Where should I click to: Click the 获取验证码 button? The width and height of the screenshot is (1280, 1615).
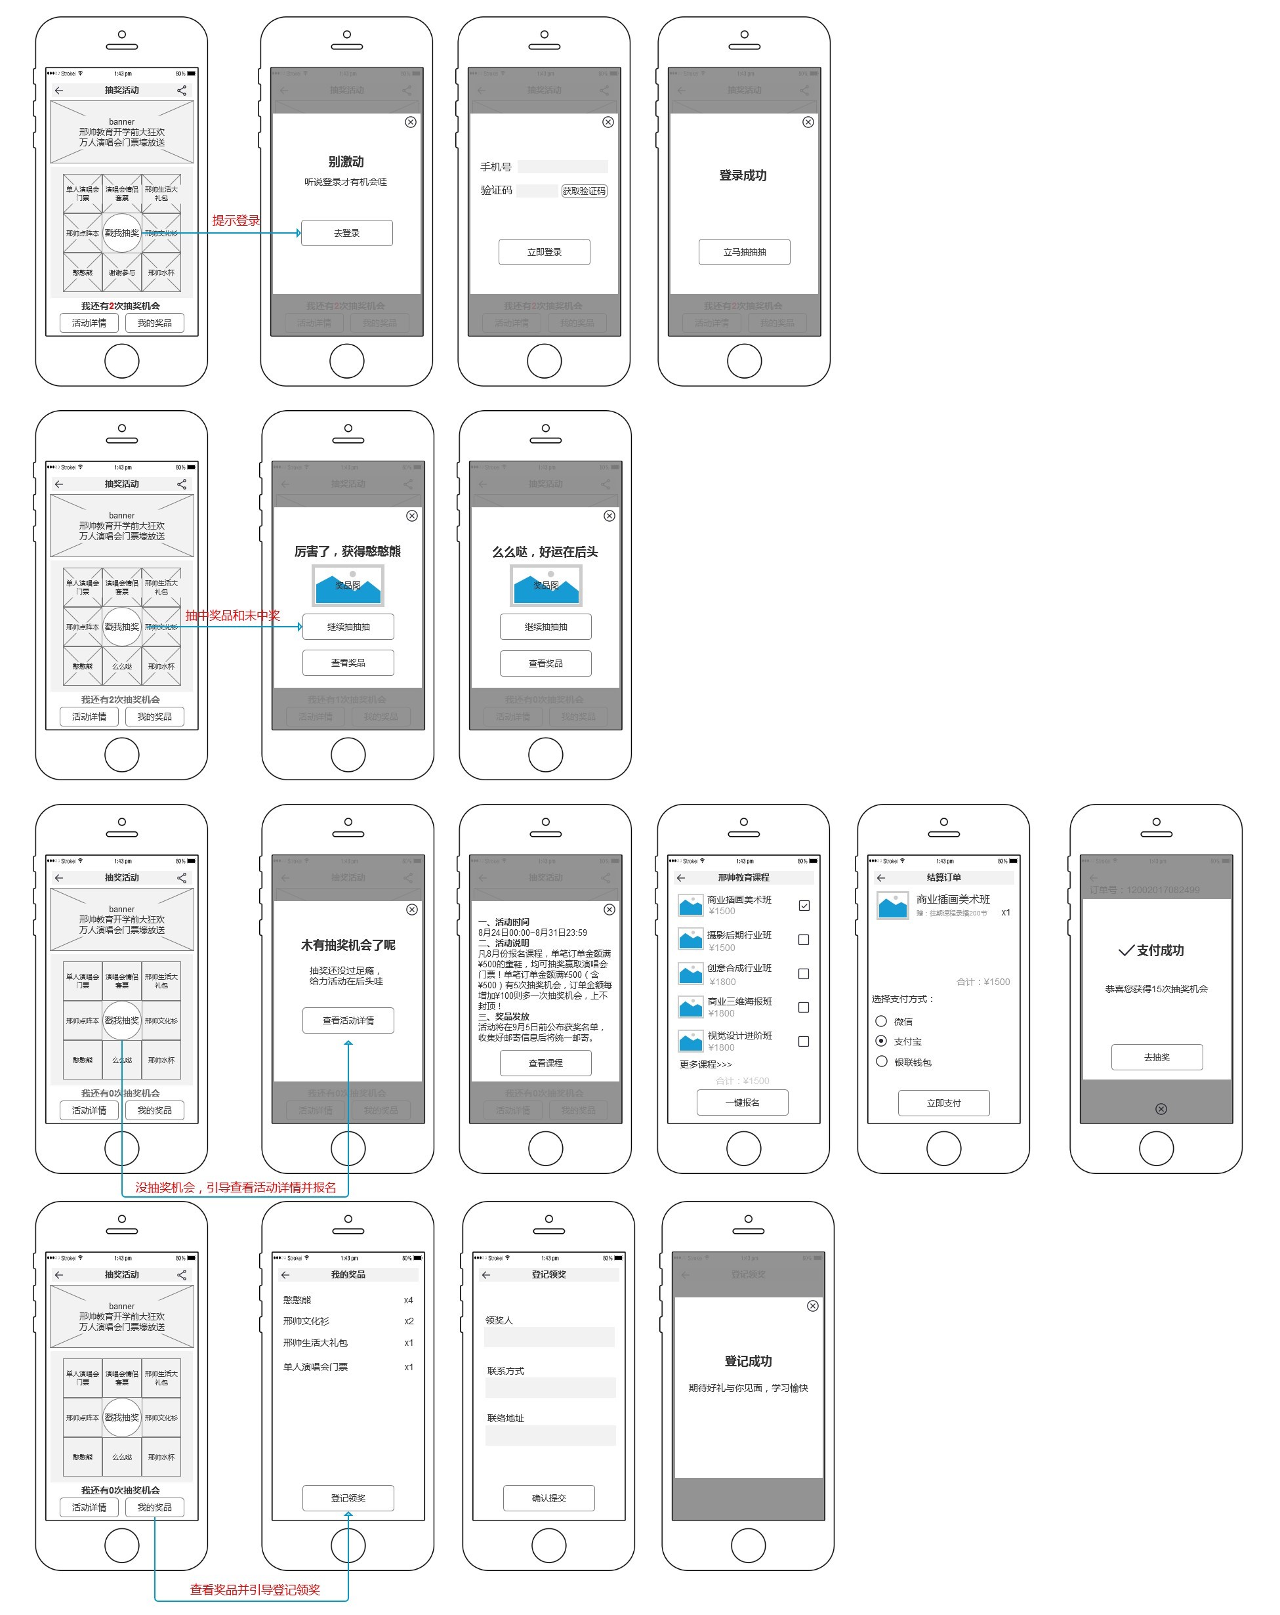click(x=583, y=191)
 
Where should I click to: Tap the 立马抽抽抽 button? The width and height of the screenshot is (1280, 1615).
click(x=744, y=253)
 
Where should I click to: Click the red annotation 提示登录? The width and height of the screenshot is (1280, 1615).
click(x=235, y=220)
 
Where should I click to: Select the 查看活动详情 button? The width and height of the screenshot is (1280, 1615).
click(x=348, y=1020)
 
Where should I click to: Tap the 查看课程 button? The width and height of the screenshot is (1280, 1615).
click(x=545, y=1063)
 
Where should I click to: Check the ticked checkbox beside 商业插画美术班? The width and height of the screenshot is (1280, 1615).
click(x=804, y=906)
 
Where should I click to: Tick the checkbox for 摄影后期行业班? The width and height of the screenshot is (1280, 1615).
click(x=804, y=939)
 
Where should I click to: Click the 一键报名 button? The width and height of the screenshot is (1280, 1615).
click(x=742, y=1102)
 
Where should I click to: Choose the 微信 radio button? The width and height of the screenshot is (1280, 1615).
click(x=881, y=1021)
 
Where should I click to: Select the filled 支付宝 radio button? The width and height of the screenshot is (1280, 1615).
click(x=881, y=1041)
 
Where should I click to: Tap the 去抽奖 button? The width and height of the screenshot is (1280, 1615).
click(x=1157, y=1058)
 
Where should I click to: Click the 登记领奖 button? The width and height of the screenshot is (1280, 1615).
click(x=348, y=1498)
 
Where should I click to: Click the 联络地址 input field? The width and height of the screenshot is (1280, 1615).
click(x=550, y=1435)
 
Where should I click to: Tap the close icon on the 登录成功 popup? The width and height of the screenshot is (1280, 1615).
click(x=808, y=122)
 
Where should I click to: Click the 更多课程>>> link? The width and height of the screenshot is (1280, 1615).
click(x=705, y=1064)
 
